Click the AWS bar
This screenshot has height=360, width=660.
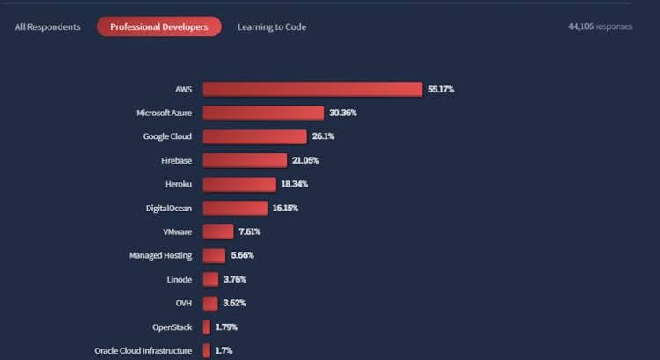[312, 89]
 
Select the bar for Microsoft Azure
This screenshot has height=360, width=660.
[263, 113]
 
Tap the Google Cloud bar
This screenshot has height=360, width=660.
[254, 136]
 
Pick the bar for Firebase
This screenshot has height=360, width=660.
[245, 160]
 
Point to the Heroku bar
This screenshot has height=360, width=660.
[239, 184]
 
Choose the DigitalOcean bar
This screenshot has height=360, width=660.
[235, 208]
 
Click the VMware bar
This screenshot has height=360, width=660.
[218, 231]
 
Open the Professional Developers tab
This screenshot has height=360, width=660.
[159, 26]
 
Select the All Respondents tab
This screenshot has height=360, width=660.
[48, 26]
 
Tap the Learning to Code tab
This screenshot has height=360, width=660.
[272, 26]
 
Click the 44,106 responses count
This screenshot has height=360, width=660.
[600, 26]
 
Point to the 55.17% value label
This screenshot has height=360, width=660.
[441, 89]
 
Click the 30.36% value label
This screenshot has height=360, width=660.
[343, 113]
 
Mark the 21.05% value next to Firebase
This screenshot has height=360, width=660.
[305, 160]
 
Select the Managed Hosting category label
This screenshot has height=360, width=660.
[161, 255]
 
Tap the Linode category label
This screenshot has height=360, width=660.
[179, 279]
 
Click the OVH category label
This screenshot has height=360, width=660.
[183, 303]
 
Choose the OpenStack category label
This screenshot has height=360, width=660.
[172, 327]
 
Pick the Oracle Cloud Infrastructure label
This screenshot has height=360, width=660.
[143, 350]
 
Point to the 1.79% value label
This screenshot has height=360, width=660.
[226, 327]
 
